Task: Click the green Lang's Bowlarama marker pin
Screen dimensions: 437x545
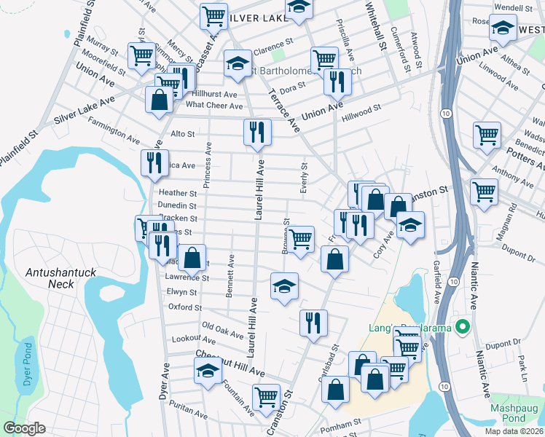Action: [x=460, y=327]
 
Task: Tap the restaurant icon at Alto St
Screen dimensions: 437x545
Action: [x=256, y=133]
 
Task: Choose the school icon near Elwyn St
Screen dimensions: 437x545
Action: [x=285, y=286]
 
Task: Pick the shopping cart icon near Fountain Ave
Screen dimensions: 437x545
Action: [x=266, y=397]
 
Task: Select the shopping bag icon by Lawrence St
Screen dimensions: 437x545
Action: [x=192, y=256]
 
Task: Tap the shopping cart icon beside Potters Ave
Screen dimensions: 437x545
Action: [x=487, y=134]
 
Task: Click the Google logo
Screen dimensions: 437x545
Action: [x=24, y=428]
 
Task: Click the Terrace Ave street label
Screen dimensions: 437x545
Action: [x=294, y=111]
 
